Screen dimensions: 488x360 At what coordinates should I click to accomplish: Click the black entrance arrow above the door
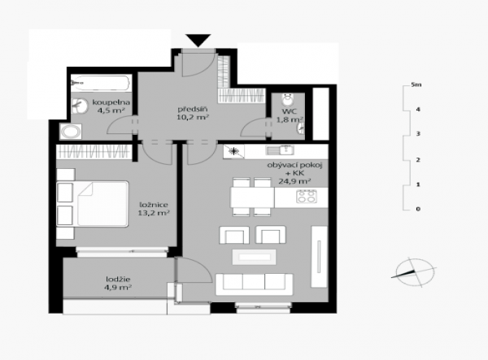(198, 41)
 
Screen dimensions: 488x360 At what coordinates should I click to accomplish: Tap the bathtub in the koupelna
(100, 83)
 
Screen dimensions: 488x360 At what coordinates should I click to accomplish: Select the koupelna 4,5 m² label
(111, 106)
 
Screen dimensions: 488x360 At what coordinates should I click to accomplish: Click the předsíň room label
(193, 113)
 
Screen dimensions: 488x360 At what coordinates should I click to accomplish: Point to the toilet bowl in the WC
(288, 99)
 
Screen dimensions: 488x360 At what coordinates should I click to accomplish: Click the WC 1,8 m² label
(290, 115)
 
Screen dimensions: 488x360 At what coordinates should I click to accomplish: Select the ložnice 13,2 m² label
(154, 209)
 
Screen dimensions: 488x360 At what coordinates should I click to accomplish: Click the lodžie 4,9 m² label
(118, 284)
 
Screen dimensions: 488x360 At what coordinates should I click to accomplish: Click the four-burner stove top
(307, 197)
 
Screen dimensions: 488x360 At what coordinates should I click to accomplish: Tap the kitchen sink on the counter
(280, 150)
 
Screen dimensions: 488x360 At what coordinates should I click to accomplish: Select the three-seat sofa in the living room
(254, 284)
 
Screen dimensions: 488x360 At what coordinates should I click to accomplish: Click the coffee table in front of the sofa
(254, 257)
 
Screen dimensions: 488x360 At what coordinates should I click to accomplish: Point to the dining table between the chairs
(252, 197)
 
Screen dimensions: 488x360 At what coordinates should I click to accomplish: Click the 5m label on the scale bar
(416, 85)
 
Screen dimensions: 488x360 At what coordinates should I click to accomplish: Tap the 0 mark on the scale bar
(418, 209)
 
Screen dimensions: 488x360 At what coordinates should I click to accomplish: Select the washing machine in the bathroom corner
(71, 132)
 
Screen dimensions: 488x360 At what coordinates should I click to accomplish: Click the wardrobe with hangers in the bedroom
(94, 152)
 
